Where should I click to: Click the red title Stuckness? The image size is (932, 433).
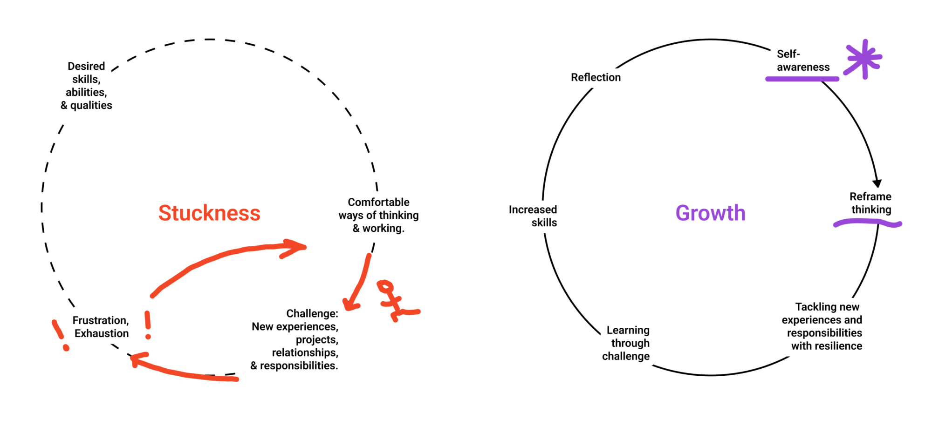(x=209, y=213)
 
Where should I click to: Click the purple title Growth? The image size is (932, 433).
(x=710, y=213)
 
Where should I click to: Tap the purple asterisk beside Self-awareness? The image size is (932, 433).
(x=864, y=59)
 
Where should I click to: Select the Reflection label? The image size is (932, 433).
(x=596, y=77)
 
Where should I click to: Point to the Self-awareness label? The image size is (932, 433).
(x=802, y=61)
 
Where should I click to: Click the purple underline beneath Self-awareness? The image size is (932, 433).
(x=802, y=79)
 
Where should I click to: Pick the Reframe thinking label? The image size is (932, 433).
(x=870, y=203)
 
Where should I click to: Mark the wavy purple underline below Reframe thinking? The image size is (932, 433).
(x=867, y=223)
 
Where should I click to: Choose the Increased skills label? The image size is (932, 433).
(x=533, y=216)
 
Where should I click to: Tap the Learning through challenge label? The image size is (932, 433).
(x=626, y=343)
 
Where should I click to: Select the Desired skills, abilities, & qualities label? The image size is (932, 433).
(x=87, y=86)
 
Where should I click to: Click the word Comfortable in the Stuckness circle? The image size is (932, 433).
(x=378, y=202)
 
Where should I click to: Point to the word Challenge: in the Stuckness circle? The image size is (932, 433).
(x=312, y=313)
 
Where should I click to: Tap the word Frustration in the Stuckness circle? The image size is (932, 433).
(x=100, y=320)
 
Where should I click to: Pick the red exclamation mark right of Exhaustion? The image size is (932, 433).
(x=148, y=325)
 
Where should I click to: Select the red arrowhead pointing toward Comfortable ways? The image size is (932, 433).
(x=295, y=247)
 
